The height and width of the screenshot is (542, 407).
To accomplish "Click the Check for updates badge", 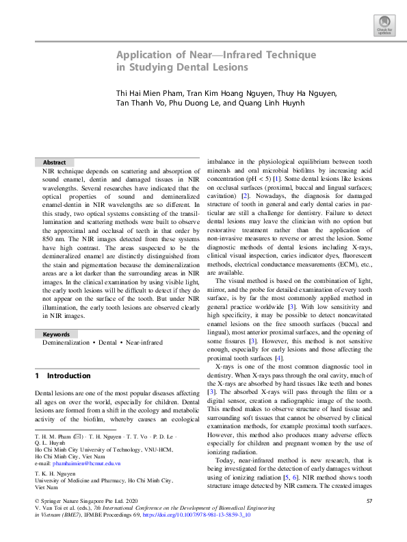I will point(383,25).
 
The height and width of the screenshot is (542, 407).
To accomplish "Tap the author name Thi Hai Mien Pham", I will point(150,93).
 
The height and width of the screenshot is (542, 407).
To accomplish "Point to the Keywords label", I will point(56,334).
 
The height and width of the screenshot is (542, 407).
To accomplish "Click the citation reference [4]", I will point(278,358).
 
